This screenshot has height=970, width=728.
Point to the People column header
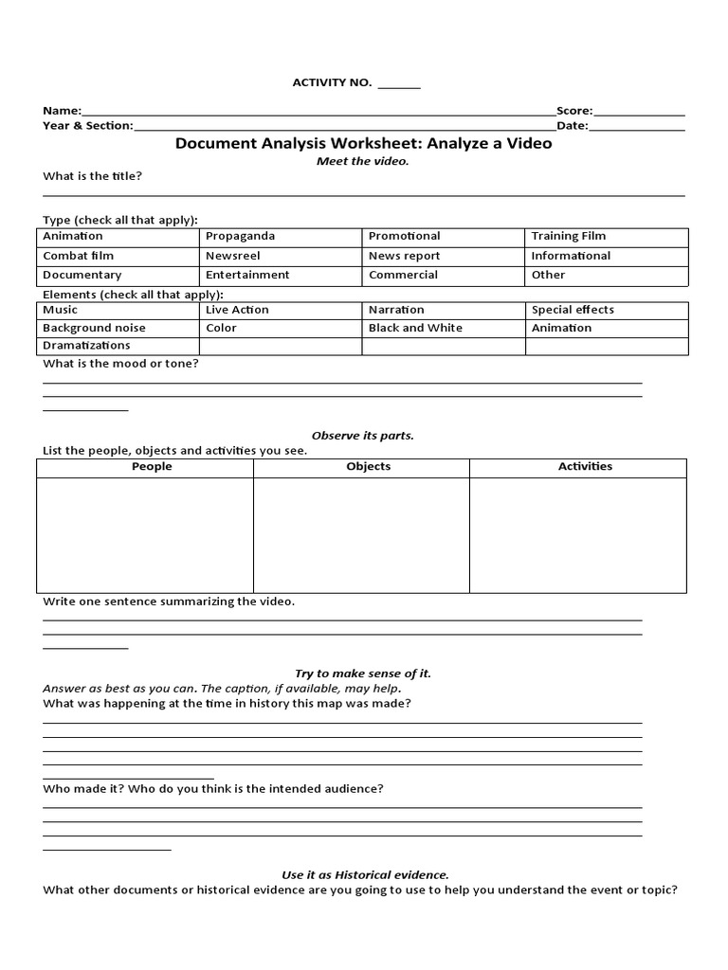coord(152,466)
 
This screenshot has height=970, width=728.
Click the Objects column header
coord(368,466)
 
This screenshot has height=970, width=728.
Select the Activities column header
coord(585,466)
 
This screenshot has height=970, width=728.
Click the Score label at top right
coord(573,111)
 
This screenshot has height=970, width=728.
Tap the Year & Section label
coord(88,125)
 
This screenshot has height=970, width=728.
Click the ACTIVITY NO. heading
coord(332,83)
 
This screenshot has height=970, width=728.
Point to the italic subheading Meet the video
coord(363,161)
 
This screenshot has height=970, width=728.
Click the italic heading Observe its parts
coord(363,436)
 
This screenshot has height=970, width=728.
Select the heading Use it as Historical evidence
coord(365,875)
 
